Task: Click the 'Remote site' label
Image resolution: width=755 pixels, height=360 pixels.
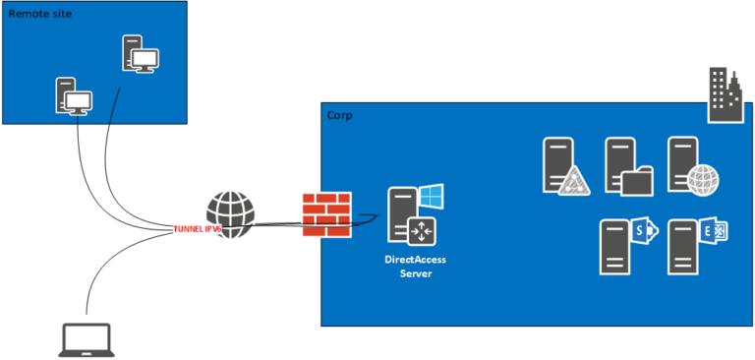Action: click(40, 16)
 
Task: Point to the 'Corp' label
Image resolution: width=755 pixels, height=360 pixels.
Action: click(339, 116)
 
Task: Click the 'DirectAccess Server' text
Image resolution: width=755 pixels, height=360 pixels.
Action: click(415, 266)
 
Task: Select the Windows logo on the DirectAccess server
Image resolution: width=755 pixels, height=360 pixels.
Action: click(431, 196)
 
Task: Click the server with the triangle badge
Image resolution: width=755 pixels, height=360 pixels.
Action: click(563, 166)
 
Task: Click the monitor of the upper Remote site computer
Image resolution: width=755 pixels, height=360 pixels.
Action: click(145, 60)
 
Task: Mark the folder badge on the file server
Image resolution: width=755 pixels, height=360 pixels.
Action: click(638, 181)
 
